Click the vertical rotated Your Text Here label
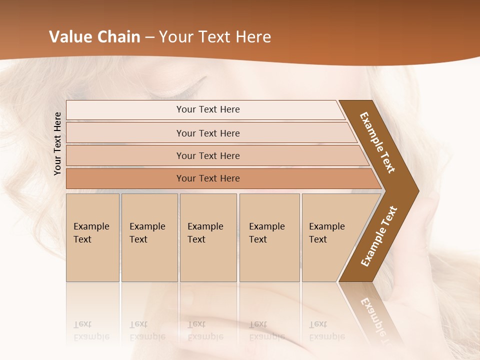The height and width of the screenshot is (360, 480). tap(57, 143)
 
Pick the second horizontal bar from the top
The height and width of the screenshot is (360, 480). tap(207, 133)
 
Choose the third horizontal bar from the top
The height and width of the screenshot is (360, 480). tap(207, 155)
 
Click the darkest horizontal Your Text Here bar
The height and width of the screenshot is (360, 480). tap(207, 178)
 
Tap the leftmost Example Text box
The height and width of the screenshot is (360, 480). tap(92, 237)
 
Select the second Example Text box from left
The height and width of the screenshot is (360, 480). tap(149, 237)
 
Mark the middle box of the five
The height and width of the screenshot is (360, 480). tap(208, 237)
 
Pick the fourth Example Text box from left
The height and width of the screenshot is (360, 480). tap(269, 237)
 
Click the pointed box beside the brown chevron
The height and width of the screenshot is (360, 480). tap(330, 237)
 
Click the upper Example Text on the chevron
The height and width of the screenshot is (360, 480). tap(377, 142)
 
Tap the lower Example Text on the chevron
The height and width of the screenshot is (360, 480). tap(379, 236)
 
